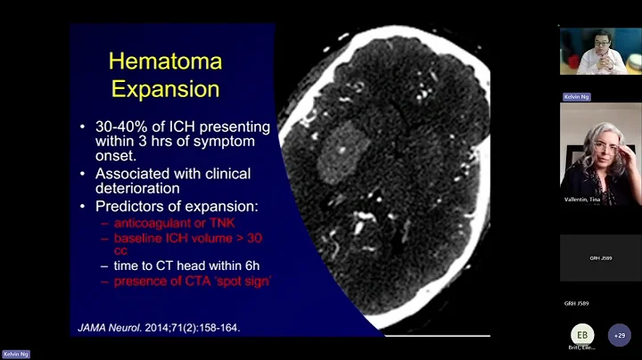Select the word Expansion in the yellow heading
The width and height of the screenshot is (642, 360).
coord(164,89)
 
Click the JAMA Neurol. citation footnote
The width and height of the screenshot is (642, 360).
coord(159,327)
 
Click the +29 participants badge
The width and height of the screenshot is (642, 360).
coord(619,335)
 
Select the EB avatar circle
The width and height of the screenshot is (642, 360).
coord(582,334)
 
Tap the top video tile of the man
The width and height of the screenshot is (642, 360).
coord(600,52)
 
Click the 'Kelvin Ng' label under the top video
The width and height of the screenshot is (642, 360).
coord(577,96)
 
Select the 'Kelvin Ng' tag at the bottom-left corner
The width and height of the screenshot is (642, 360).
coord(16,354)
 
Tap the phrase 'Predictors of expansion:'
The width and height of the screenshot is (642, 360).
coord(177,206)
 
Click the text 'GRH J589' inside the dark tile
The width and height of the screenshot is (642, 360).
coord(600,258)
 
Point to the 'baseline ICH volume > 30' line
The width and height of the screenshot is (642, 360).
coord(187,238)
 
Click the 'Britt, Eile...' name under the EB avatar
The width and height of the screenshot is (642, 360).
coord(582,348)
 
